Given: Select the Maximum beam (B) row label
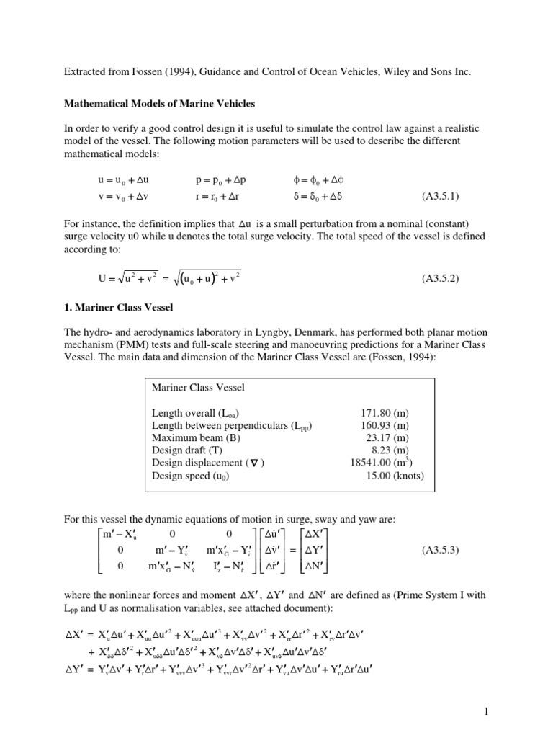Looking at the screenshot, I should pos(189,437).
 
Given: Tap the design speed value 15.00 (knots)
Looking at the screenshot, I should pos(392,476).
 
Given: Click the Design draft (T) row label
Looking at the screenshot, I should pos(184,450).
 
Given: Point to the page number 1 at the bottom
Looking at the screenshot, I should pos(487,712).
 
